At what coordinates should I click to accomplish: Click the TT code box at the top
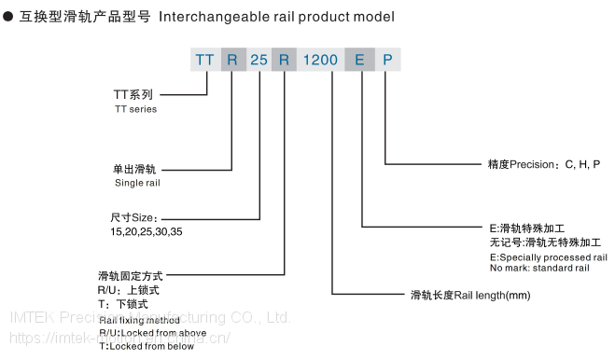(x=204, y=60)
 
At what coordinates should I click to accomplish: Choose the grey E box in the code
(x=359, y=60)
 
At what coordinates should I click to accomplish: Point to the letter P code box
(x=386, y=60)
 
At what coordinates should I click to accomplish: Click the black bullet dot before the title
(x=7, y=17)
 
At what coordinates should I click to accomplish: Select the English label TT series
(x=135, y=109)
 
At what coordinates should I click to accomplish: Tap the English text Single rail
(x=137, y=184)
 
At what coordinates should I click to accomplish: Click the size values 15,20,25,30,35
(x=147, y=230)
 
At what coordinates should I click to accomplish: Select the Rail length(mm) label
(x=470, y=296)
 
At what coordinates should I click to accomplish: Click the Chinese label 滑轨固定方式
(x=130, y=276)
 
